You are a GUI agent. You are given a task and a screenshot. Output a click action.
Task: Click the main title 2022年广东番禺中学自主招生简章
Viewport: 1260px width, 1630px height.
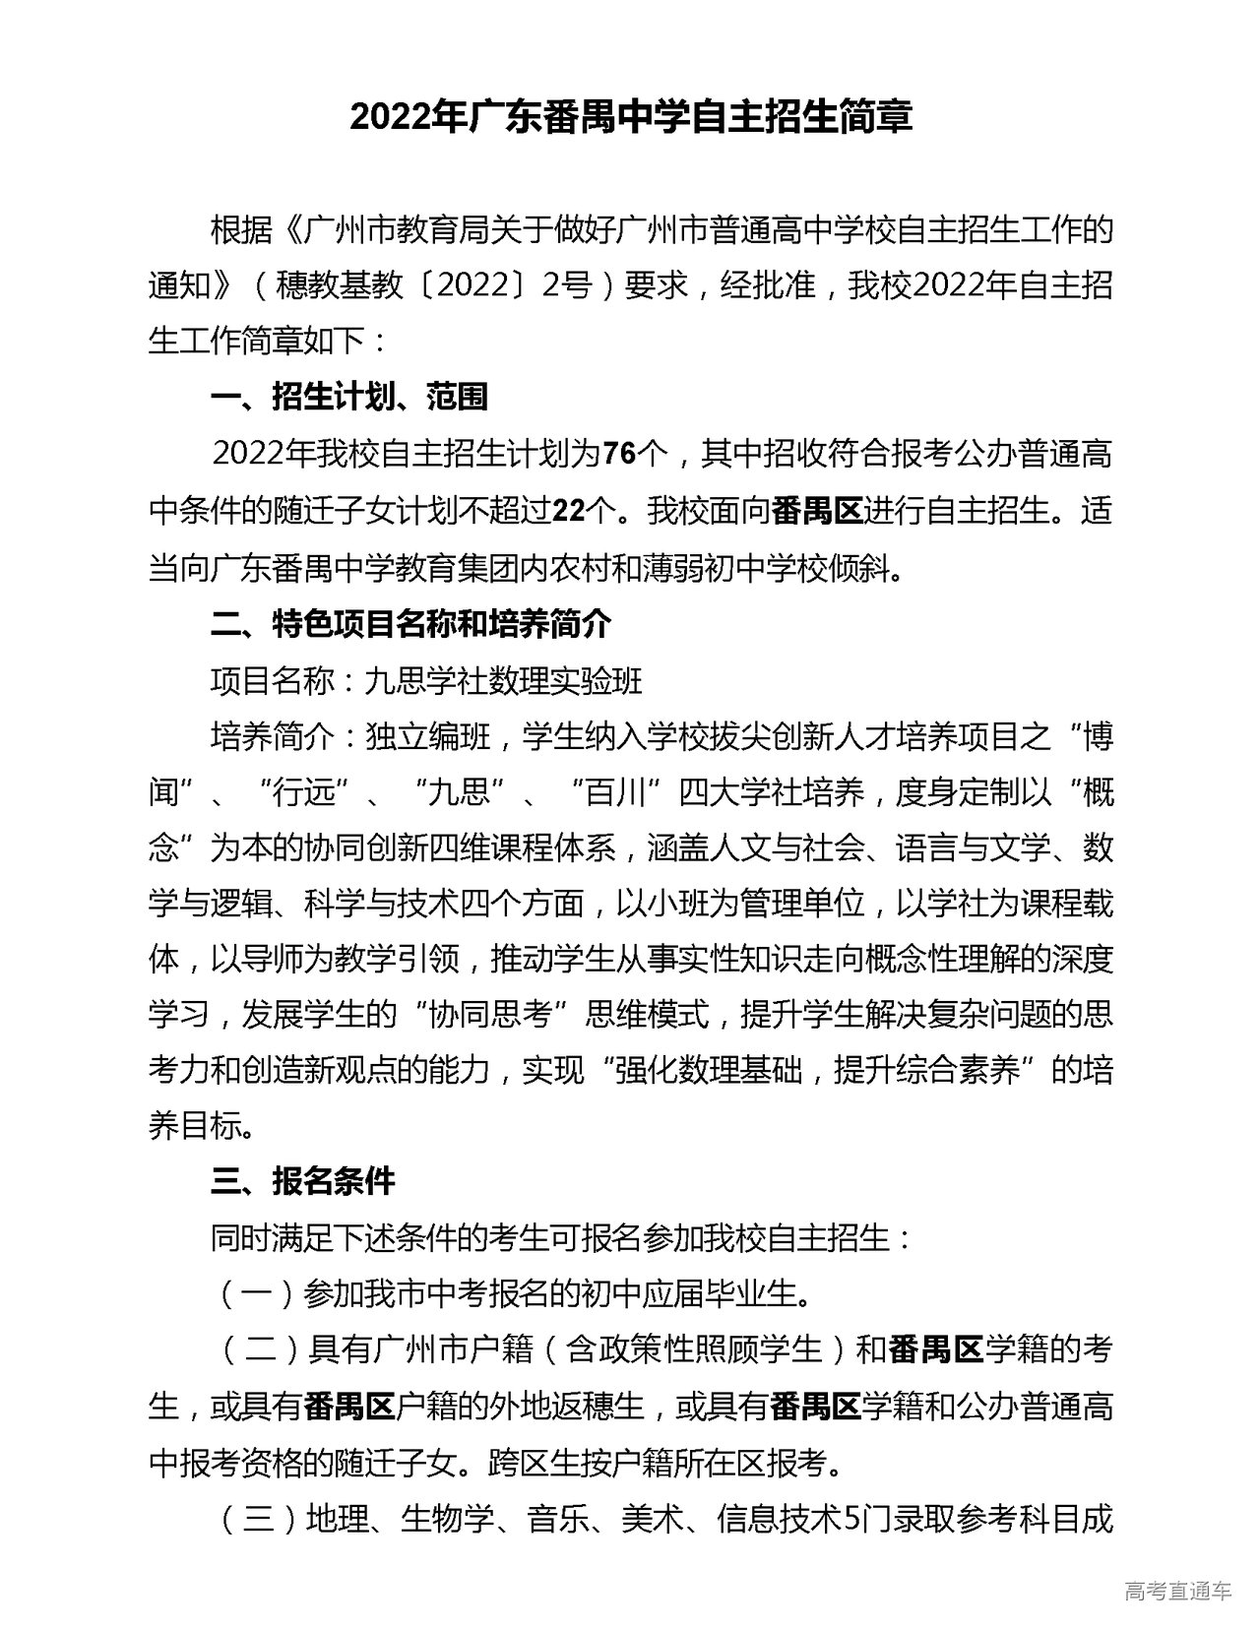click(x=631, y=116)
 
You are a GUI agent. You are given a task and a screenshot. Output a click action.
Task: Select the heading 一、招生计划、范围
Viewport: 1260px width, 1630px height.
click(x=349, y=397)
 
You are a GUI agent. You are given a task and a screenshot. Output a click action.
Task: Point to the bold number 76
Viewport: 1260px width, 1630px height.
click(x=619, y=454)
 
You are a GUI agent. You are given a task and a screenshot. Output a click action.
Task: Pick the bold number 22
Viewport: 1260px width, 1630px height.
click(x=569, y=511)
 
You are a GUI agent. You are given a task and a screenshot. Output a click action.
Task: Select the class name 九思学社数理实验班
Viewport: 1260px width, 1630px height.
click(x=503, y=680)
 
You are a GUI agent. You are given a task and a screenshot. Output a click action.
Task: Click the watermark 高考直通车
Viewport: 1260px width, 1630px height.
click(x=1177, y=1591)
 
